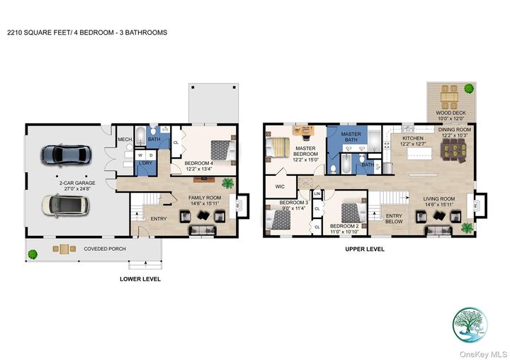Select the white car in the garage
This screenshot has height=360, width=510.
66,205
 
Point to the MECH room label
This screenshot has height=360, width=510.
125,140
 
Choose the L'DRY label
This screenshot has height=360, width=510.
145,164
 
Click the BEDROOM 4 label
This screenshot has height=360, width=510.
199,163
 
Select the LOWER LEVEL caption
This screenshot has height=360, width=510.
140,279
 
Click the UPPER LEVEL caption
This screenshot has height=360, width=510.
364,249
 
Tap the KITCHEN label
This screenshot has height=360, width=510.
413,138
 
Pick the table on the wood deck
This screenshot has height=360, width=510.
449,94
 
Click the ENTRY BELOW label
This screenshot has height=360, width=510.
394,218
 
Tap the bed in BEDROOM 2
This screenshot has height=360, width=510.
352,213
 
